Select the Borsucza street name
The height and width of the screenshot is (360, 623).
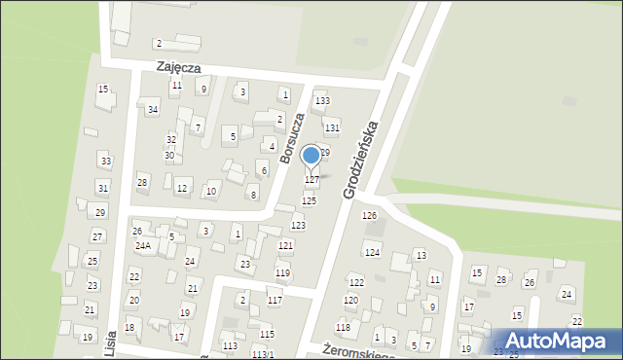point(292,137)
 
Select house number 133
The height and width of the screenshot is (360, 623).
point(321,101)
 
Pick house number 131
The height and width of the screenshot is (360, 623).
point(332,127)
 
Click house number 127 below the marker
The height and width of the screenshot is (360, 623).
point(312,180)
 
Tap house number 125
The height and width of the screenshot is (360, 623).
point(309,200)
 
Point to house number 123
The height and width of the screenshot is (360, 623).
point(298,226)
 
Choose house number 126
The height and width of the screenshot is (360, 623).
point(369,215)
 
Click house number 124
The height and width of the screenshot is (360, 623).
point(372,253)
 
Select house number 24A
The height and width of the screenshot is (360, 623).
point(142,246)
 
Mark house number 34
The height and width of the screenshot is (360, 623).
point(153,110)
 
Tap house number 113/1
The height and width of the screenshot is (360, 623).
point(263,354)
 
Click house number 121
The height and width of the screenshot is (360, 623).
point(285,246)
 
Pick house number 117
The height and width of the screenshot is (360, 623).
point(275,301)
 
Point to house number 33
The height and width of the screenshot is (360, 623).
point(105,161)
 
